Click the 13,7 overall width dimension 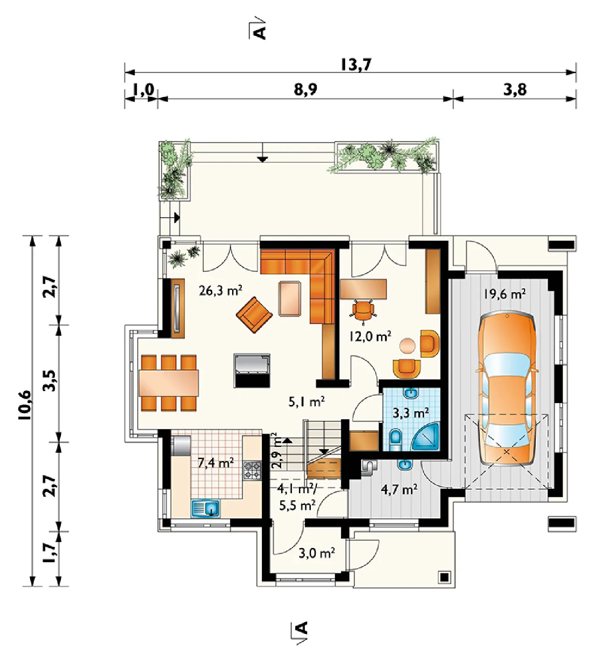[356, 64]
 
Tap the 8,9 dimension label [305, 89]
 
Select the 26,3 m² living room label [221, 290]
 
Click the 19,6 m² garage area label [505, 293]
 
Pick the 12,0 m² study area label [370, 336]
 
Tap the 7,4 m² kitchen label [216, 463]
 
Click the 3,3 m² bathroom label [411, 412]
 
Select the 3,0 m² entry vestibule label [317, 553]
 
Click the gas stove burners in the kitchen [252, 471]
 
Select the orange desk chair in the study [363, 310]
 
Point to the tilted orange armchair [254, 315]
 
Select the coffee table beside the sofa [290, 299]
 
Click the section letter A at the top [260, 33]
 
